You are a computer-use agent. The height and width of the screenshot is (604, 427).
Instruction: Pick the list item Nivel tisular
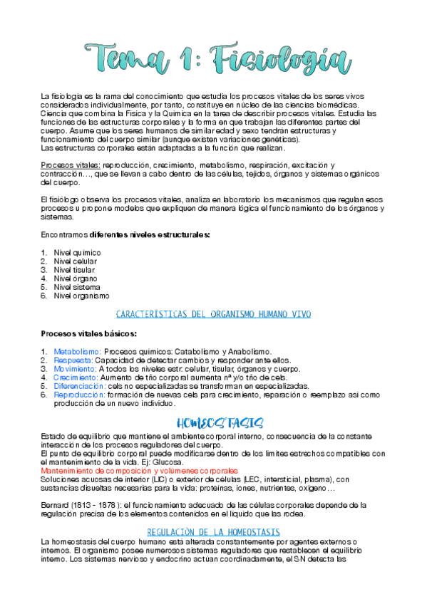76,269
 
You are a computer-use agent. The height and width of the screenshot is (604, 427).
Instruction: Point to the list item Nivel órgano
76,278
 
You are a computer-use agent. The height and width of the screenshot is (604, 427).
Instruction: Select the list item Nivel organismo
82,295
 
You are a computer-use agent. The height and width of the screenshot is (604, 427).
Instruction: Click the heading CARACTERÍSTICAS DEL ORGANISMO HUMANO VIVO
213,314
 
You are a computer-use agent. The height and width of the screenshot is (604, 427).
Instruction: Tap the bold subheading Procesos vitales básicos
89,333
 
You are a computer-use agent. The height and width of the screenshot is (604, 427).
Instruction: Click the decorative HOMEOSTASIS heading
213,421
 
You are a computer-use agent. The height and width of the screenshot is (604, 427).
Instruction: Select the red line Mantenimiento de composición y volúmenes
139,471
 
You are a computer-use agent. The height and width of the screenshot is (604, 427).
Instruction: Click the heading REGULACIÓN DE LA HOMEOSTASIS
213,532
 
